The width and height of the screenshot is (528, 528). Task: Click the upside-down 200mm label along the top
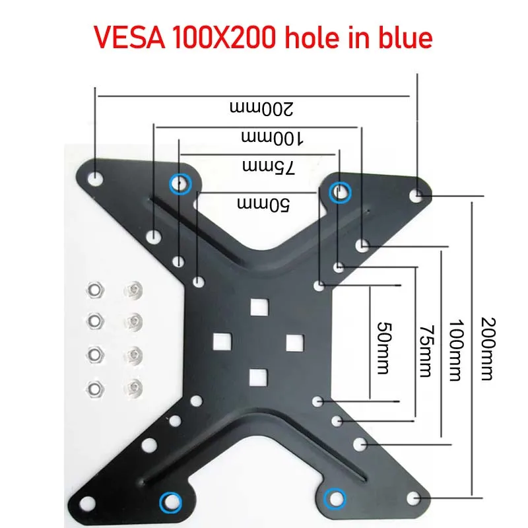(x=260, y=108)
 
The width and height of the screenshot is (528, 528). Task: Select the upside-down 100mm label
(x=272, y=138)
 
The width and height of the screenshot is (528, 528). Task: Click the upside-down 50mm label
(x=265, y=205)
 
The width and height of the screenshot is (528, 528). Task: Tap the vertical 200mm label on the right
(x=486, y=348)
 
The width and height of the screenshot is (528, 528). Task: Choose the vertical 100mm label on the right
(x=455, y=350)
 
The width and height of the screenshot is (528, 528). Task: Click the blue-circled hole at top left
(x=178, y=183)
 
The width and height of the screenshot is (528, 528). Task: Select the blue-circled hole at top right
(x=340, y=192)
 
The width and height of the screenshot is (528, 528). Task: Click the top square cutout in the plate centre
(x=259, y=306)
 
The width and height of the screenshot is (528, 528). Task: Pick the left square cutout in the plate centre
(x=222, y=341)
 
